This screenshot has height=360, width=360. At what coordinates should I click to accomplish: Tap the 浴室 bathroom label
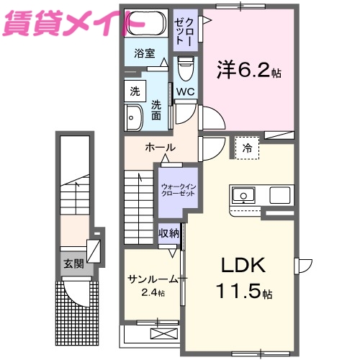pyautogui.click(x=144, y=53)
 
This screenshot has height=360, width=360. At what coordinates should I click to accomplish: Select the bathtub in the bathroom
pyautogui.click(x=147, y=23)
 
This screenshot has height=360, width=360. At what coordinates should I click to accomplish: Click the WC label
pyautogui.click(x=184, y=92)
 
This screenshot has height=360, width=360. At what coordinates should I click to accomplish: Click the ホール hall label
pyautogui.click(x=160, y=148)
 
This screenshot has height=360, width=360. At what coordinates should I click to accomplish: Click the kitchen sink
pyautogui.click(x=243, y=195)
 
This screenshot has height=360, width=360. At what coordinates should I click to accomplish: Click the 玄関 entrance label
pyautogui.click(x=73, y=264)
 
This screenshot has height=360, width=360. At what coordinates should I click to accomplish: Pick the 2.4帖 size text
pyautogui.click(x=151, y=293)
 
